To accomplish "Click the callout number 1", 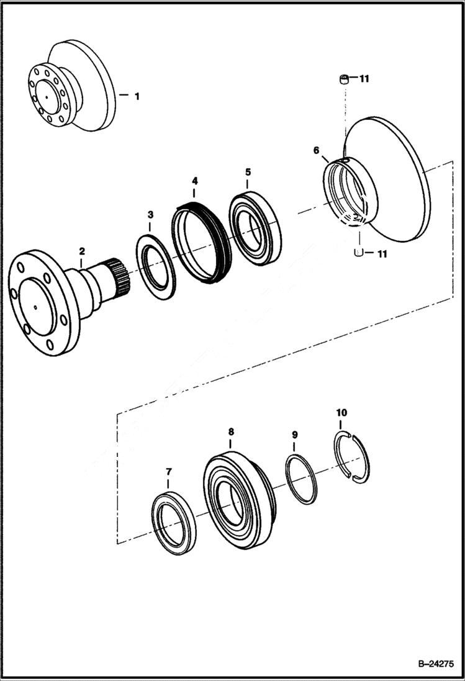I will click(x=137, y=96).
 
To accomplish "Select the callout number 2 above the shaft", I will click(x=81, y=251).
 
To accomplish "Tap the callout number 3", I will click(x=150, y=215).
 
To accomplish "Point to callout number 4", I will click(x=194, y=181).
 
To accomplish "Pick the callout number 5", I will click(x=247, y=171).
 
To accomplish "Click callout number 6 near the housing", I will click(x=317, y=150).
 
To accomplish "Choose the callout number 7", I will click(x=168, y=472).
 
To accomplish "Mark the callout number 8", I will click(x=231, y=431).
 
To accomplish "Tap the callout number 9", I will click(x=294, y=435).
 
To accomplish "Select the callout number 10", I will click(x=341, y=412).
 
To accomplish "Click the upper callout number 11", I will click(x=364, y=79).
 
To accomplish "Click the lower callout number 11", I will click(x=382, y=253).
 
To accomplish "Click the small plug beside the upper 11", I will click(x=343, y=79).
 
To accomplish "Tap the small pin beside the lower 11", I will click(x=358, y=252).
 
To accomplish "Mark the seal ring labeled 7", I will click(x=174, y=522).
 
